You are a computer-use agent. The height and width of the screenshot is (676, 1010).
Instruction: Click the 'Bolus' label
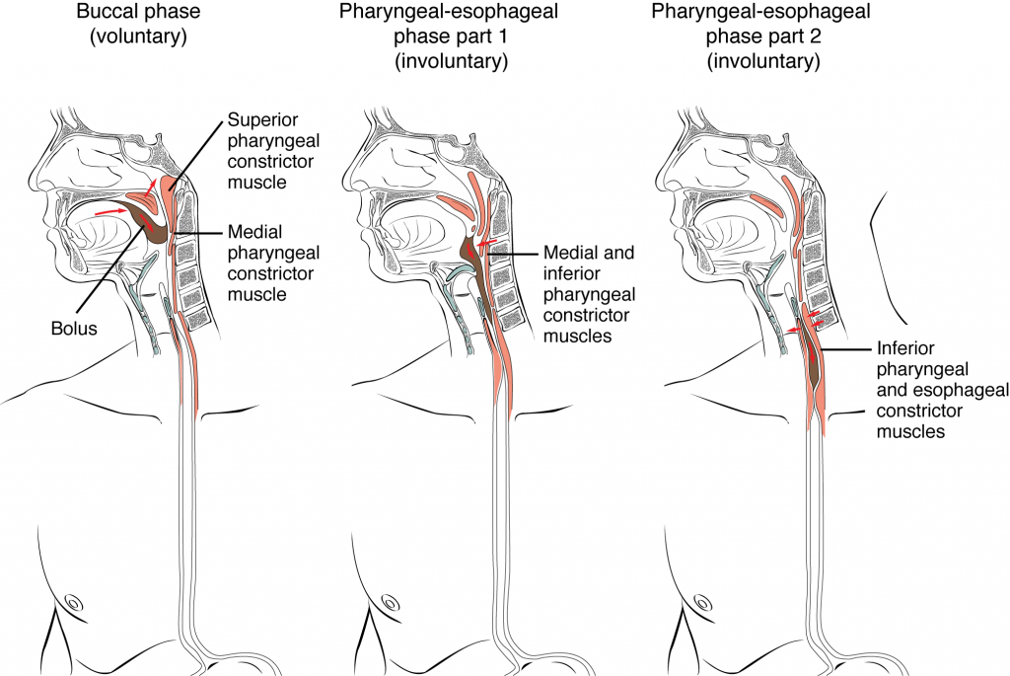pyautogui.click(x=75, y=328)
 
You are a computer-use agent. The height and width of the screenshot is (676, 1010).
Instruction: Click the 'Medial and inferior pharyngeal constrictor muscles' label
pyautogui.click(x=591, y=295)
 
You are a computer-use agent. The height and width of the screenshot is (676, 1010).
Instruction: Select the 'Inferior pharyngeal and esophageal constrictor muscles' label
pyautogui.click(x=921, y=390)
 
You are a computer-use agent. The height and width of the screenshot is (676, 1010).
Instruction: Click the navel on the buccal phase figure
pyautogui.click(x=73, y=600)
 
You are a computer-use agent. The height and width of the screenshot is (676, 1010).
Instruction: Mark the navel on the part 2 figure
pyautogui.click(x=703, y=600)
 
